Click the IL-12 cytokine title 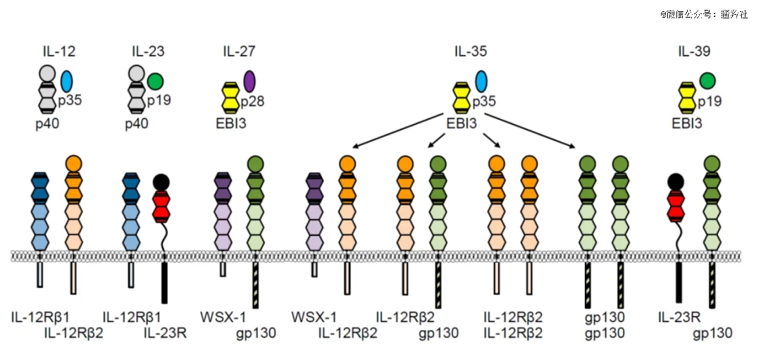(x=58, y=51)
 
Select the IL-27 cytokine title (x=239, y=51)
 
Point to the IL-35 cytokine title (x=470, y=51)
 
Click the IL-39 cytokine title (x=694, y=51)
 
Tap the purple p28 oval (x=249, y=81)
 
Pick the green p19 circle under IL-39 (x=707, y=81)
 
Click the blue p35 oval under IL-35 (x=481, y=81)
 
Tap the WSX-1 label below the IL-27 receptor (x=223, y=316)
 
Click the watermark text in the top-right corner (x=704, y=13)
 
